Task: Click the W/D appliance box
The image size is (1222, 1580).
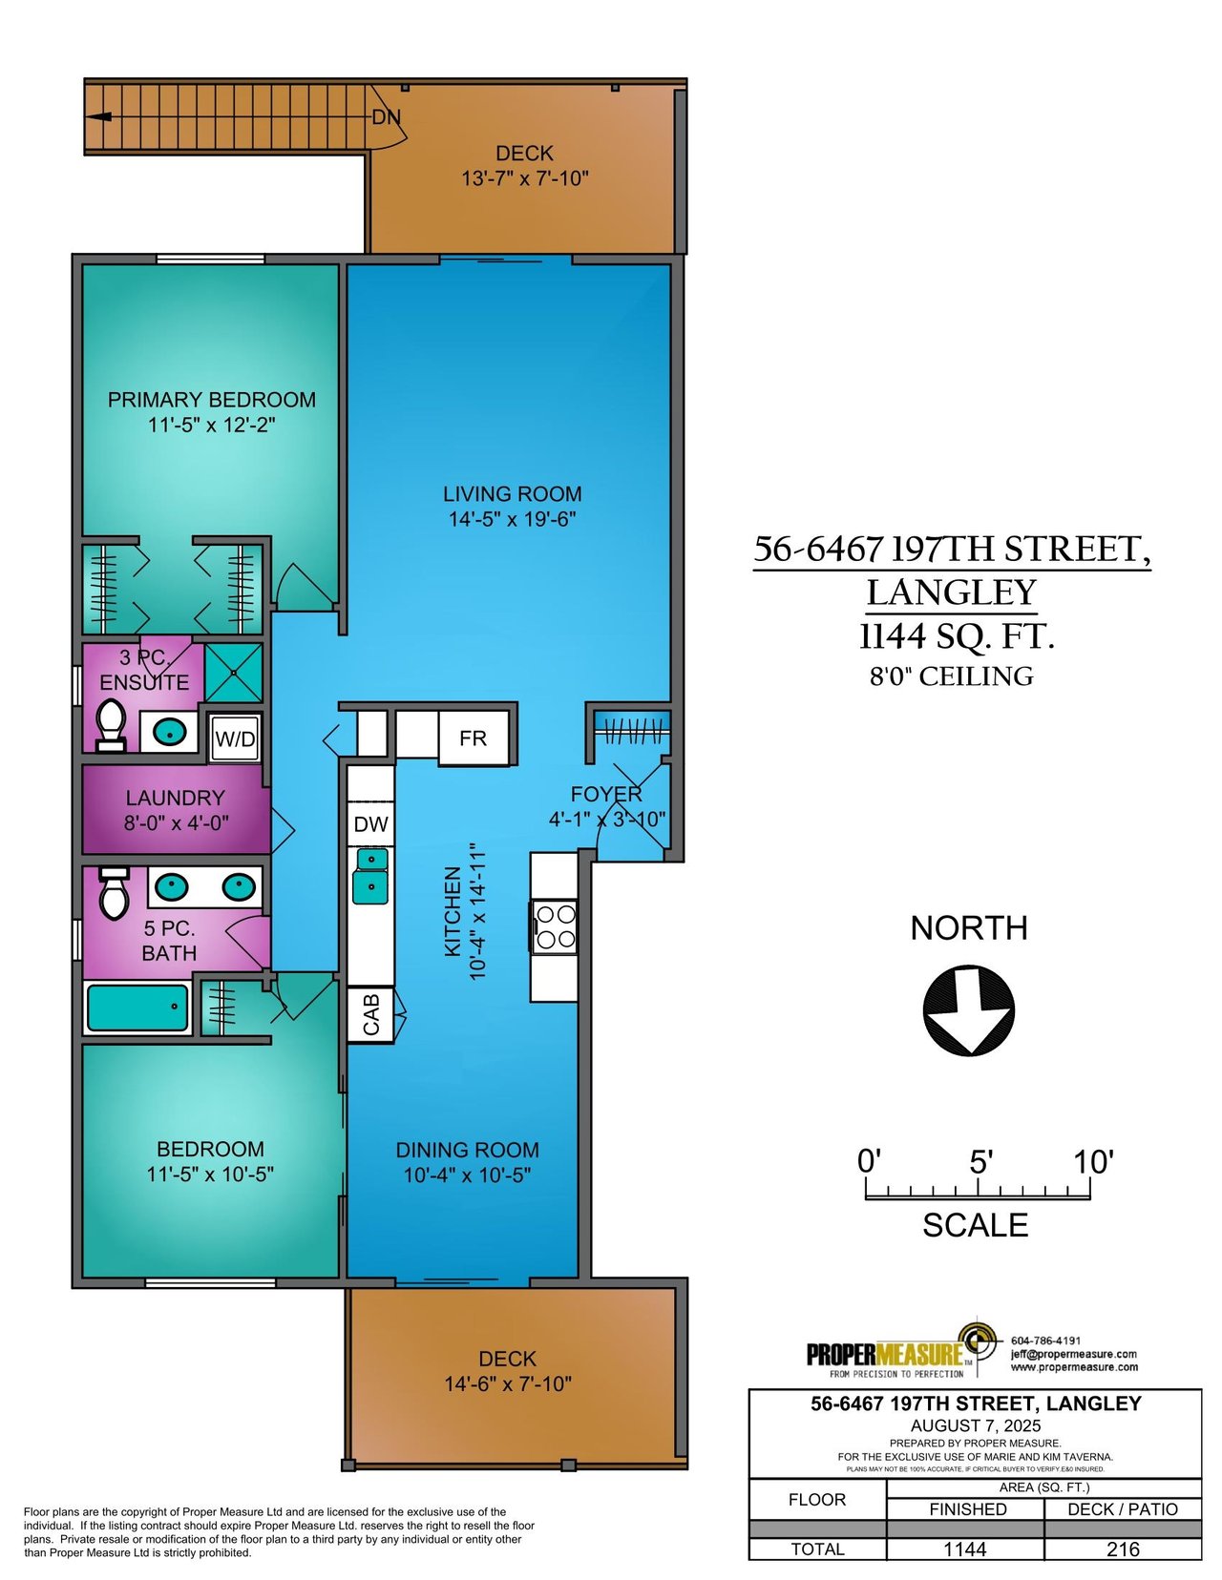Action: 235,738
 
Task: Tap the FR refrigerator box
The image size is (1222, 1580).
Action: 473,738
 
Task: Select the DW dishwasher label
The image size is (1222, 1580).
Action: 371,824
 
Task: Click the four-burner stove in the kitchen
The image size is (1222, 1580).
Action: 555,927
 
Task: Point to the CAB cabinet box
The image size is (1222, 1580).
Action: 371,1015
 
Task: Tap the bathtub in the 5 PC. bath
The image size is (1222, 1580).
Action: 137,1007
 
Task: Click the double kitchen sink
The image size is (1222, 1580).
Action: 370,876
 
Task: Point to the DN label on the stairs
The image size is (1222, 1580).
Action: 387,117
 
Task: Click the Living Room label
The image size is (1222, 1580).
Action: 512,494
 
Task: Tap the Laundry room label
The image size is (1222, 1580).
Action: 176,798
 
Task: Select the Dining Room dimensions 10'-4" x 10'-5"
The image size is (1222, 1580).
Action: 468,1175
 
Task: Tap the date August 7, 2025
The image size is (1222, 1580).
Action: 976,1425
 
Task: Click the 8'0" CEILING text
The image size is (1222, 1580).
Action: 952,676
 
